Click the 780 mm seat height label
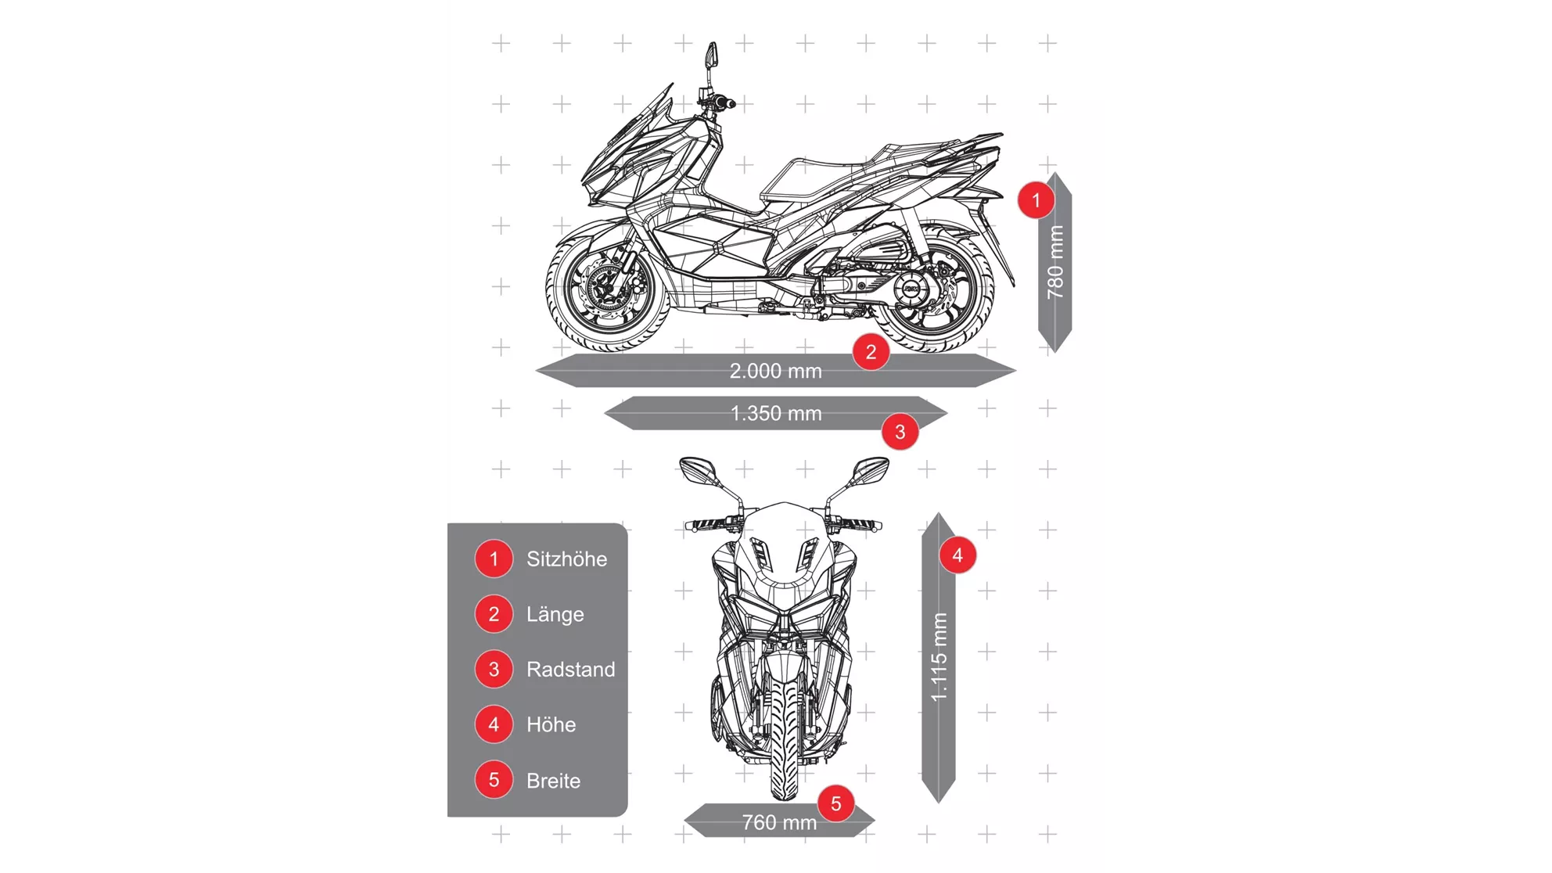click(1055, 262)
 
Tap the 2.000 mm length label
click(775, 371)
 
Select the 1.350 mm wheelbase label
click(775, 413)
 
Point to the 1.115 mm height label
click(939, 657)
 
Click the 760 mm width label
click(779, 822)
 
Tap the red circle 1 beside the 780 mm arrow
click(1036, 200)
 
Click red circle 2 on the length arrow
click(871, 352)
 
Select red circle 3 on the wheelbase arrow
click(900, 432)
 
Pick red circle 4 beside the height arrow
click(957, 555)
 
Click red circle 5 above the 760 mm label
click(835, 803)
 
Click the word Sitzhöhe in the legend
click(566, 559)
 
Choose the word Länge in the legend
click(555, 614)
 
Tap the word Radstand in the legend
click(570, 670)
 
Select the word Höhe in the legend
click(551, 724)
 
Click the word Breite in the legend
click(553, 781)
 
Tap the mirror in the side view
click(711, 55)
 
